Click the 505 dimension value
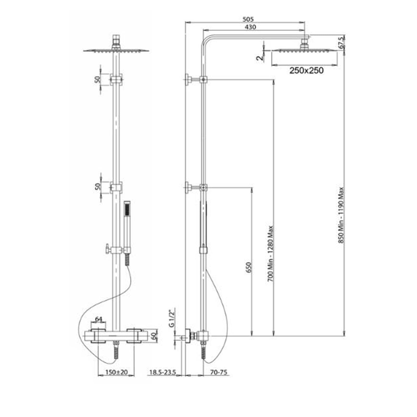pyautogui.click(x=248, y=19)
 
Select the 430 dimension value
pyautogui.click(x=250, y=27)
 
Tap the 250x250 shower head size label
pyautogui.click(x=306, y=70)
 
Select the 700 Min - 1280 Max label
pyautogui.click(x=271, y=254)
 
